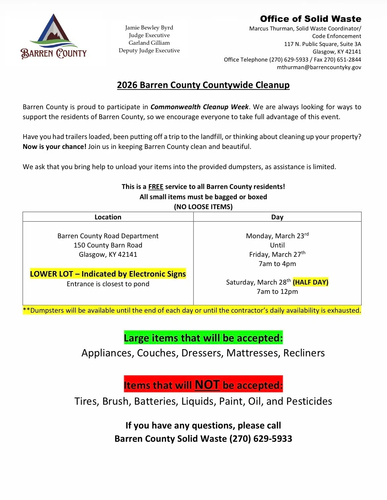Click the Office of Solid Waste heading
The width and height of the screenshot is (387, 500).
point(310,19)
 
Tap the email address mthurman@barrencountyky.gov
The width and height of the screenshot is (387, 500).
point(319,67)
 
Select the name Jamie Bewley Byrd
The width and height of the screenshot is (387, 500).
point(149,27)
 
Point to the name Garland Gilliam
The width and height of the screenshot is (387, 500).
point(149,43)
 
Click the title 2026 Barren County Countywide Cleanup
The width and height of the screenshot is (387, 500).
point(203,85)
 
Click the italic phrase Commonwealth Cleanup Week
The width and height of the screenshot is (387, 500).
point(199,107)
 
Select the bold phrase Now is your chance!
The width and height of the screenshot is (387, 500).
point(55,147)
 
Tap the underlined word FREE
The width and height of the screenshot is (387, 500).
point(156,187)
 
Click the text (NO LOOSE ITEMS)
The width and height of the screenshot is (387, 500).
point(203,207)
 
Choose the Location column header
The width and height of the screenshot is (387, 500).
point(108,217)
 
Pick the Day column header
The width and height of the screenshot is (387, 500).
point(277,217)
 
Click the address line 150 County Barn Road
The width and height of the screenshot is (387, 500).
point(108,245)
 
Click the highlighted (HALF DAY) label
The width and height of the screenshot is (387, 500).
point(311,282)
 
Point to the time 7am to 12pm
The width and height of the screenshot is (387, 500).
point(277,292)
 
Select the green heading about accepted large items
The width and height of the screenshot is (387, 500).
point(203,338)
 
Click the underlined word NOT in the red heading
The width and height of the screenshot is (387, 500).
point(207,385)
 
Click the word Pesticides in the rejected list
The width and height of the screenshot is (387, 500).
point(309,401)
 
